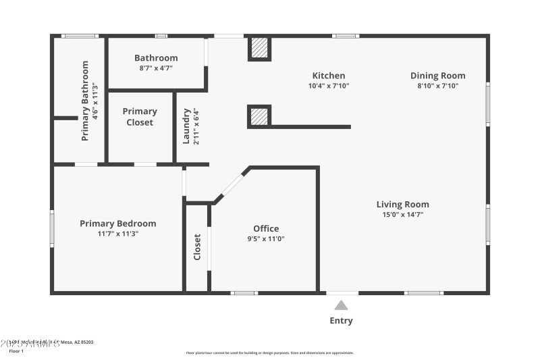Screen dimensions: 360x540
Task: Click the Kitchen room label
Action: (328, 76)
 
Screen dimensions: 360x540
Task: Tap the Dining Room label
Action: (437, 76)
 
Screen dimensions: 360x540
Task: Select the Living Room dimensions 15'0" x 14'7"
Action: (402, 215)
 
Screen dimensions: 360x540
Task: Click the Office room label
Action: (266, 228)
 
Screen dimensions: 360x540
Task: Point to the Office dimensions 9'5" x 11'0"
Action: (266, 238)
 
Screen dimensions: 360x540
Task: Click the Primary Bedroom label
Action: (117, 224)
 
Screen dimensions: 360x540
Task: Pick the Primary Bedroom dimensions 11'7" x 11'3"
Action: (117, 234)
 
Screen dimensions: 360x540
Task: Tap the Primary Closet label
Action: (140, 117)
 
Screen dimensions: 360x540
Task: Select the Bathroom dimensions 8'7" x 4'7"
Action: (156, 68)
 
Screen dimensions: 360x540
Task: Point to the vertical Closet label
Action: (197, 247)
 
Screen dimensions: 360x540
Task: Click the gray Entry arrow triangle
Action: (341, 305)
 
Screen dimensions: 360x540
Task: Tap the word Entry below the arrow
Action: (341, 321)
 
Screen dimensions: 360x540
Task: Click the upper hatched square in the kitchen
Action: (259, 48)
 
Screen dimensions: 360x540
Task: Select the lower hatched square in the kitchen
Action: (259, 116)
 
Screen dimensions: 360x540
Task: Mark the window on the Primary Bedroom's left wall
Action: (51, 228)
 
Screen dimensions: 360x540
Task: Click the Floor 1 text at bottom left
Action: (16, 351)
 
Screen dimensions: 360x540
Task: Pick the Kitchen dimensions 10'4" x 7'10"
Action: (328, 86)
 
